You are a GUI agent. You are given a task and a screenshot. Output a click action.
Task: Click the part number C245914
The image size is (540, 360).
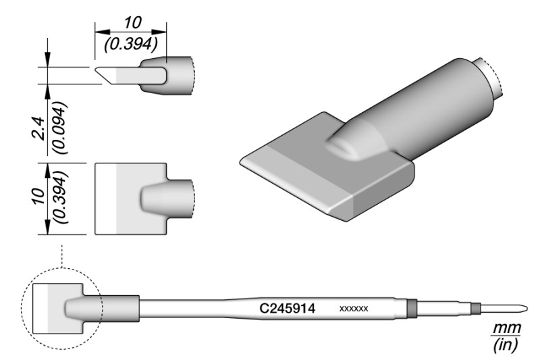(x=288, y=308)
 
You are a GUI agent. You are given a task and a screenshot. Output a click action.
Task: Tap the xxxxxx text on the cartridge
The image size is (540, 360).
(x=354, y=309)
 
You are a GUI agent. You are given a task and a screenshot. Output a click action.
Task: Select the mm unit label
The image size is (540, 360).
(x=506, y=328)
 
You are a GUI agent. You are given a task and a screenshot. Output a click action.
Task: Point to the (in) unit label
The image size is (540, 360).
(x=506, y=345)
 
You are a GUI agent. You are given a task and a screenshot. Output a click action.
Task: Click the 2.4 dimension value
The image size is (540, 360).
(x=38, y=128)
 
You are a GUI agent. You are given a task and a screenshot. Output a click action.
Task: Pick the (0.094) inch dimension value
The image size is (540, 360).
(x=59, y=128)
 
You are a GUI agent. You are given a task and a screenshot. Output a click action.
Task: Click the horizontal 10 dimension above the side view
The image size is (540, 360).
(x=132, y=23)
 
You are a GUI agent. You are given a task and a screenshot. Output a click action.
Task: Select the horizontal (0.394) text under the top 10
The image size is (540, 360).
(x=131, y=44)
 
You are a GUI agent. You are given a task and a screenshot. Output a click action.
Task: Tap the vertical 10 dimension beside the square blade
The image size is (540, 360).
(x=39, y=196)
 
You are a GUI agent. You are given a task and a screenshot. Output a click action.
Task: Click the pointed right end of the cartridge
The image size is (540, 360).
(x=526, y=307)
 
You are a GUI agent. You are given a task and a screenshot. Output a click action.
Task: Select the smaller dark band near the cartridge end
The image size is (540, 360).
(x=476, y=308)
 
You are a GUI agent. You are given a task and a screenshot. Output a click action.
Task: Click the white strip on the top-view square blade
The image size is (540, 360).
(x=106, y=199)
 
